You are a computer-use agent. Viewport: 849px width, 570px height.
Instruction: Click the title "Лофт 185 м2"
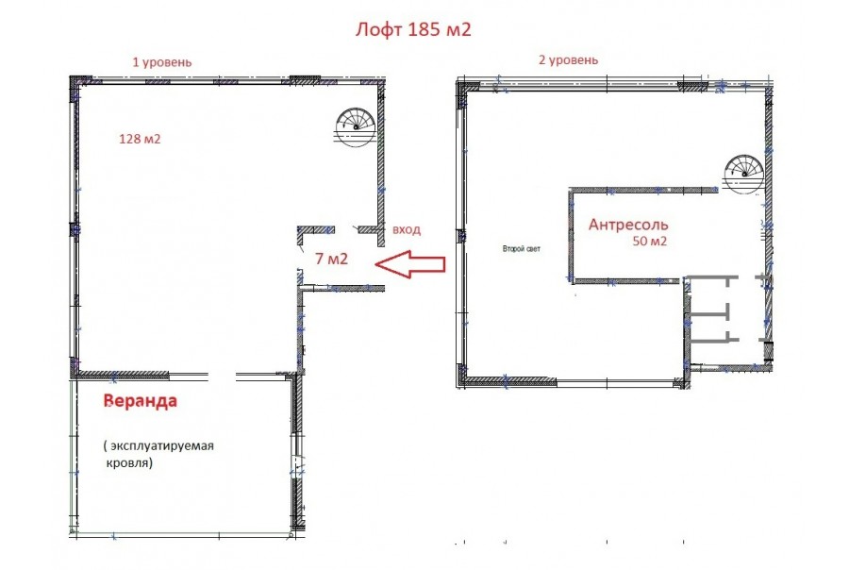pyautogui.click(x=413, y=29)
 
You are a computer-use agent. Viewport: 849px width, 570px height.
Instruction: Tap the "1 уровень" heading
pyautogui.click(x=162, y=62)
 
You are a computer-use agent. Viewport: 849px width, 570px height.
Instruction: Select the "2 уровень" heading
pyautogui.click(x=569, y=59)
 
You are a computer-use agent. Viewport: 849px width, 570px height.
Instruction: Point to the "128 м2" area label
pyautogui.click(x=140, y=140)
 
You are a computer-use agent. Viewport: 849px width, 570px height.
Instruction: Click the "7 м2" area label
pyautogui.click(x=331, y=259)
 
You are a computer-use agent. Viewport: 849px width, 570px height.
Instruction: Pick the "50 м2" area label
pyautogui.click(x=650, y=241)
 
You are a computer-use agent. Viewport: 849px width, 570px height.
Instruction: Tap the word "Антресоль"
pyautogui.click(x=628, y=225)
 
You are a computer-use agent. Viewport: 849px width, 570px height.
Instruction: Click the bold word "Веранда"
pyautogui.click(x=141, y=401)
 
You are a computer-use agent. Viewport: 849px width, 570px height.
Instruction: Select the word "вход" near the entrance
pyautogui.click(x=407, y=229)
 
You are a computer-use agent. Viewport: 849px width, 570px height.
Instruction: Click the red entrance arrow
pyautogui.click(x=410, y=264)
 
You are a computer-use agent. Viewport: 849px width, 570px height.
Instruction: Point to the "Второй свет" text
pyautogui.click(x=522, y=249)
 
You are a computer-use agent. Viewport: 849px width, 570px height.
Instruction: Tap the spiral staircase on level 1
pyautogui.click(x=356, y=126)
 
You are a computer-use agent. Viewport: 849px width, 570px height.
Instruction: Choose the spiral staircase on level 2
pyautogui.click(x=744, y=174)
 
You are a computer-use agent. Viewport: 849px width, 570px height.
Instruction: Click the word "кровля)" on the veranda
pyautogui.click(x=129, y=463)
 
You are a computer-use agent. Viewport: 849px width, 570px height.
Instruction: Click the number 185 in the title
pyautogui.click(x=424, y=29)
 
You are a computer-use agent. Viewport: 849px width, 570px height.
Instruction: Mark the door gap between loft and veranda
pyautogui.click(x=222, y=375)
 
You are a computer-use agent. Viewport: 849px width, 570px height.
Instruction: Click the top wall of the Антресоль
pyautogui.click(x=643, y=191)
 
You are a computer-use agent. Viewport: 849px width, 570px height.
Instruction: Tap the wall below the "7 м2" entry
pyautogui.click(x=342, y=288)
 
